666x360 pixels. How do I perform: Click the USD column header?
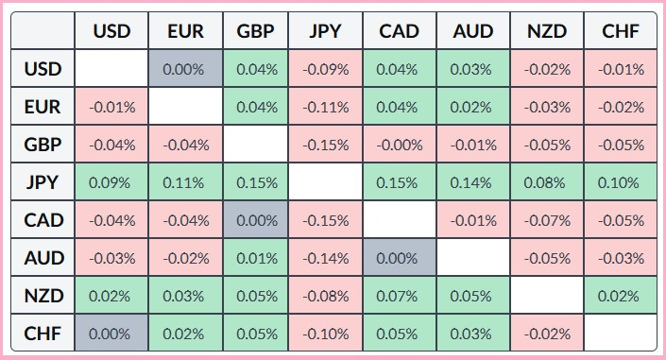(111, 31)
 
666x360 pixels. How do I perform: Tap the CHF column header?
(620, 31)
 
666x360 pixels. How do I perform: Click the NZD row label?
(43, 295)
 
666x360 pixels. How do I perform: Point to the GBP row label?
(43, 145)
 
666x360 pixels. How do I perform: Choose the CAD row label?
(43, 220)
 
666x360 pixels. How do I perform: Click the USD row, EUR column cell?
(184, 69)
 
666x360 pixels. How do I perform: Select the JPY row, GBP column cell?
(256, 182)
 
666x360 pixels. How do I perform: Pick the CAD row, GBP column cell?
(256, 220)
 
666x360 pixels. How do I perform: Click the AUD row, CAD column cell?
(400, 257)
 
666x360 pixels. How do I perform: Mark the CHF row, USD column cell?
(111, 333)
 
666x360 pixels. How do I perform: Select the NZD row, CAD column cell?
(400, 295)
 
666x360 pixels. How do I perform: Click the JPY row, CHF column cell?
(620, 182)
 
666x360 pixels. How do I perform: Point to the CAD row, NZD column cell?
(547, 220)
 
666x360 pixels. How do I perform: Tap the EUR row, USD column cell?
(111, 107)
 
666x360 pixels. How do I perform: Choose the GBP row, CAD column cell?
(400, 145)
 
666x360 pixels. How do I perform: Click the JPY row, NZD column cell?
(547, 182)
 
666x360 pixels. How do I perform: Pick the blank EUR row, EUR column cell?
(184, 107)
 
